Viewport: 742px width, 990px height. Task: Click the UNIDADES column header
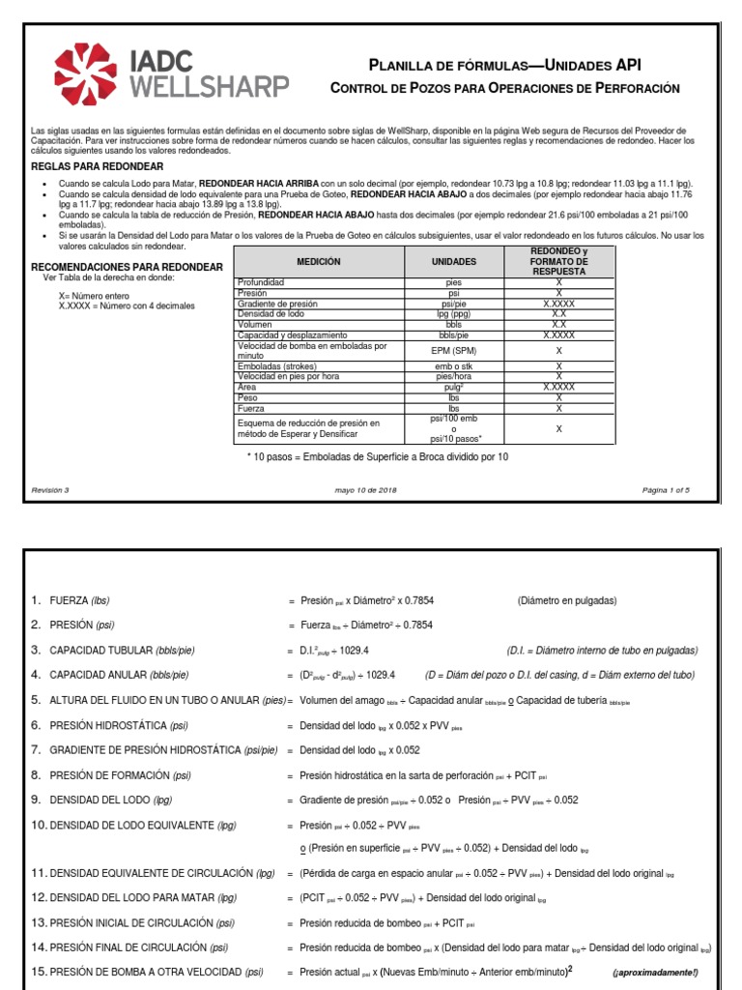pyautogui.click(x=453, y=262)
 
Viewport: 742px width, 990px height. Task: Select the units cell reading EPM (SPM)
pyautogui.click(x=453, y=350)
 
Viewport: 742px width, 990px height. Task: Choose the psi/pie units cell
pyautogui.click(x=453, y=304)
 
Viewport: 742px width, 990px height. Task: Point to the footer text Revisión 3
pyautogui.click(x=50, y=490)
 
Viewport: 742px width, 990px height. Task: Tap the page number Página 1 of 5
pyautogui.click(x=666, y=490)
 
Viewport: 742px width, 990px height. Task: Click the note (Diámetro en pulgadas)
pyautogui.click(x=566, y=600)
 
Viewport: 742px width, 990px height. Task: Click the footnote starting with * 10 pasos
pyautogui.click(x=377, y=456)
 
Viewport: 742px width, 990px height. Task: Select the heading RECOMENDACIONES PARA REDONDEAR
pyautogui.click(x=128, y=267)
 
